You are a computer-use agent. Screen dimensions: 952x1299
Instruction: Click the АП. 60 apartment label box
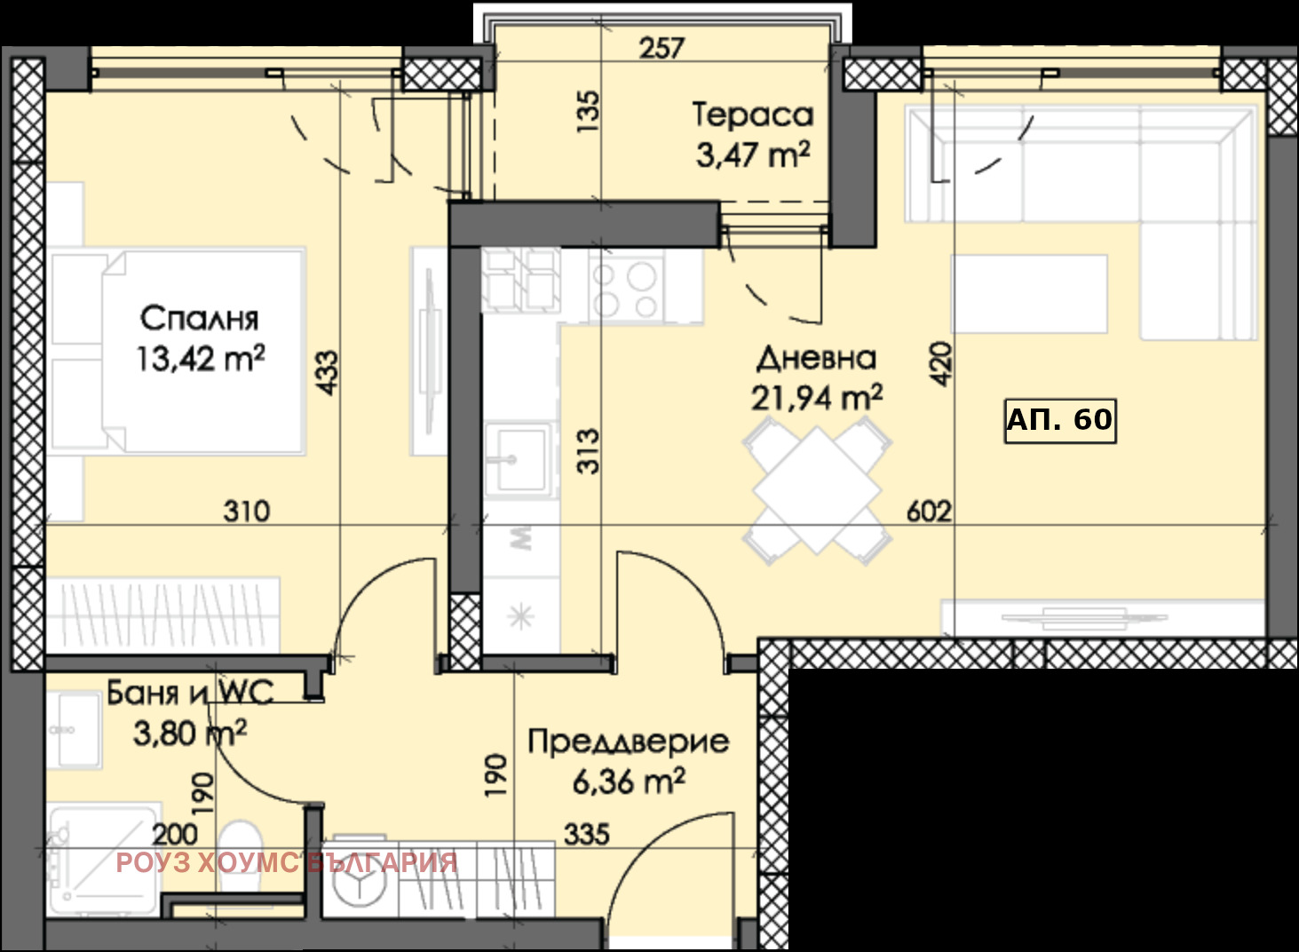[x=1059, y=420]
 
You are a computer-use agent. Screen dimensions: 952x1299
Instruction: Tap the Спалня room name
[x=199, y=318]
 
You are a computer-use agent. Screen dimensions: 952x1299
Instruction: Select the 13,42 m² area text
[x=200, y=359]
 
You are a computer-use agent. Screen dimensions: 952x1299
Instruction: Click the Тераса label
[x=752, y=115]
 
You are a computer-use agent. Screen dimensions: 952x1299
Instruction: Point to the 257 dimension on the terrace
[x=661, y=47]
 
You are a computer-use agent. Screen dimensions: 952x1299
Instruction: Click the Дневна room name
[x=816, y=358]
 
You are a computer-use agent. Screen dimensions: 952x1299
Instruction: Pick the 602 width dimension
[x=929, y=512]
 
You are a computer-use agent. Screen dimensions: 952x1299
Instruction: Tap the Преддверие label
[x=629, y=742]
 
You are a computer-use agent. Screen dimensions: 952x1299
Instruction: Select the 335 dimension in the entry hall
[x=587, y=834]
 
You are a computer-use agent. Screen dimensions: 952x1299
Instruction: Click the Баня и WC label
[x=190, y=692]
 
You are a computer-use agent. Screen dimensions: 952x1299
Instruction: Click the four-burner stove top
[x=626, y=286]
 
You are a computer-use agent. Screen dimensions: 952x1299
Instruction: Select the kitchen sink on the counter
[x=519, y=458]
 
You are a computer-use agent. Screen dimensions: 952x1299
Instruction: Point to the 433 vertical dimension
[x=327, y=373]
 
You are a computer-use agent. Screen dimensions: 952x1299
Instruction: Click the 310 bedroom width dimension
[x=246, y=512]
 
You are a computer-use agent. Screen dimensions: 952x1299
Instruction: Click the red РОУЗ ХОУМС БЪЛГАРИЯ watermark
[x=286, y=862]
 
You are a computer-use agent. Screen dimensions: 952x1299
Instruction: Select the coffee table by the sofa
[x=1029, y=294]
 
